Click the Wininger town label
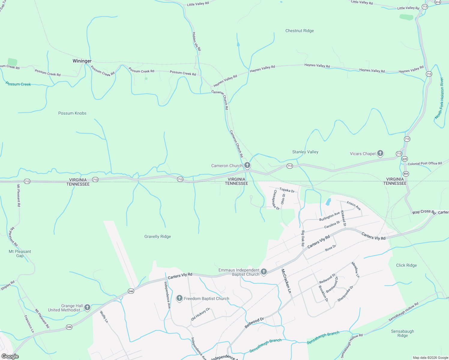tap(82, 61)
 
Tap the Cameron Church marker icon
tap(247, 165)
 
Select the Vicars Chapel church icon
tap(380, 154)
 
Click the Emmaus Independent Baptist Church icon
tap(264, 272)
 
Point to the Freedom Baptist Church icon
tap(179, 298)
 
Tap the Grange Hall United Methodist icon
tap(87, 307)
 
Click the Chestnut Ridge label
tap(300, 31)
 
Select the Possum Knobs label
tap(72, 113)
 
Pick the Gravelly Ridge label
tap(158, 236)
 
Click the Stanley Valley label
tap(305, 152)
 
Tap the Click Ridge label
tap(406, 265)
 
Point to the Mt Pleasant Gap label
tap(20, 253)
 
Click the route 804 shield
tap(406, 174)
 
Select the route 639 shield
tap(405, 159)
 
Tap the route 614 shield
tap(438, 2)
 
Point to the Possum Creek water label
tap(18, 84)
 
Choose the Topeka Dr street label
tap(287, 190)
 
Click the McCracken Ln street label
tap(286, 281)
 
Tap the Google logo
tap(10, 356)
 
